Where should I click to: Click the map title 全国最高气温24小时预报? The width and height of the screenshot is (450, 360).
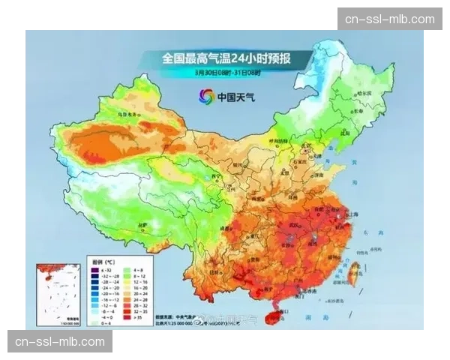tap(226, 58)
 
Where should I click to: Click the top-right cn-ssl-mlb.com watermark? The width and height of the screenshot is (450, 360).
tap(389, 19)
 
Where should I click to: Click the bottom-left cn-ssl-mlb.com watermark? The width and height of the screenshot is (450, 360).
tap(60, 342)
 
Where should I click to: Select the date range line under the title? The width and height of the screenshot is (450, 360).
tap(226, 73)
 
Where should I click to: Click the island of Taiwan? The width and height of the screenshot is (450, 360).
tap(346, 276)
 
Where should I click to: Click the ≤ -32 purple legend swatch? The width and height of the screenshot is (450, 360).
tap(94, 268)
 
